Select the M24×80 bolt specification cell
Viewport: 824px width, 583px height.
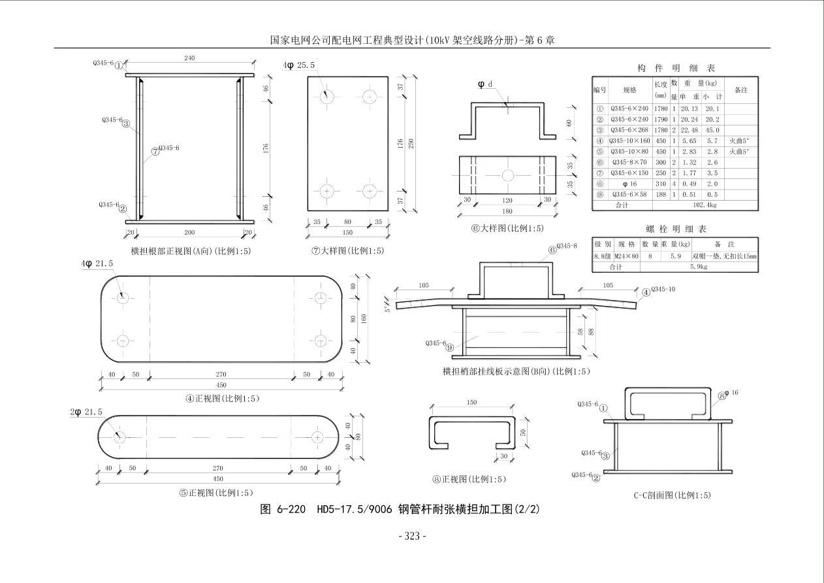click(626, 256)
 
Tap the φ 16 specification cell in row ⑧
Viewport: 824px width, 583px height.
click(629, 184)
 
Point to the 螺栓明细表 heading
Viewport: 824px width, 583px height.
click(676, 229)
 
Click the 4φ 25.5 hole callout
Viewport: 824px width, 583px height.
click(299, 65)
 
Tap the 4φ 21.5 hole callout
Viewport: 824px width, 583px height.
click(97, 263)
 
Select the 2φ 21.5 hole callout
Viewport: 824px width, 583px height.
click(86, 412)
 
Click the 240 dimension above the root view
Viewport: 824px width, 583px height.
click(189, 59)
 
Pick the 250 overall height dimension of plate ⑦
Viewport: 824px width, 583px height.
click(411, 144)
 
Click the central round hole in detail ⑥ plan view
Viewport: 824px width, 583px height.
click(507, 175)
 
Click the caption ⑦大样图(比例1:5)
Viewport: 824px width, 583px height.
click(347, 250)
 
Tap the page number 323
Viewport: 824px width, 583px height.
click(412, 536)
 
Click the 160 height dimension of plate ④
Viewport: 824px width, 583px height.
click(364, 319)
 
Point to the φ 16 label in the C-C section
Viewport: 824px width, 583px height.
click(731, 393)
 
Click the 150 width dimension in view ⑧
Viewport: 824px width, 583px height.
click(471, 403)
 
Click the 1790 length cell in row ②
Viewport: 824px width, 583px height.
click(661, 120)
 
